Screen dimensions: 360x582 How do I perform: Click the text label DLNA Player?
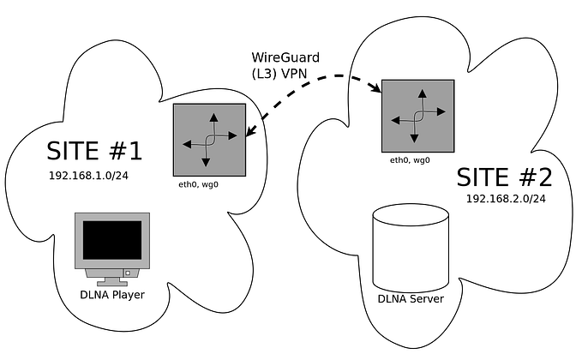coord(113,296)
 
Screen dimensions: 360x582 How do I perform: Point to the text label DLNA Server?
coord(411,298)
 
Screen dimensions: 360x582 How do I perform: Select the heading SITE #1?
coord(93,151)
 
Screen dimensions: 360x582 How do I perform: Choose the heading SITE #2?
coord(504,177)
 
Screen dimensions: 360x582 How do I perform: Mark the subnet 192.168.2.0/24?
coord(506,198)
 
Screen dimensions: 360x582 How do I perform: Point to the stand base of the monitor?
coord(112,280)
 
